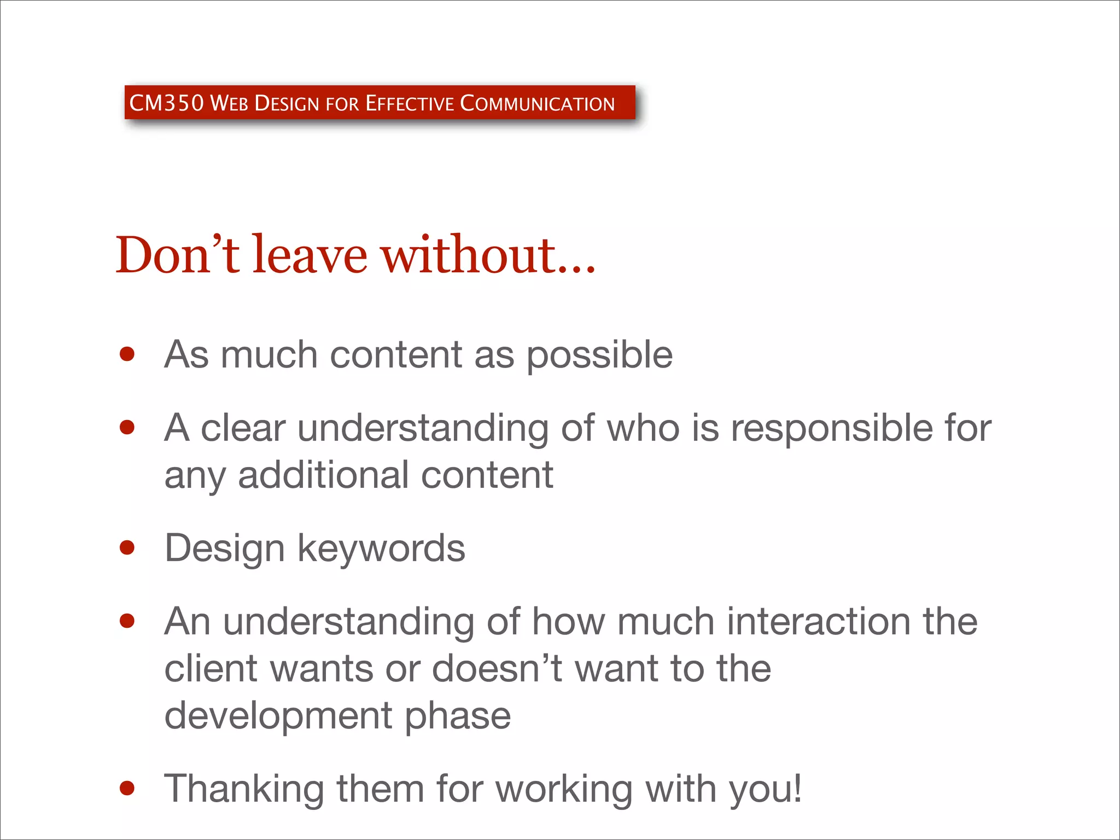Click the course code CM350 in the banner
(166, 103)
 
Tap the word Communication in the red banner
(537, 103)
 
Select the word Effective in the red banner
(410, 103)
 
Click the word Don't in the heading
(177, 255)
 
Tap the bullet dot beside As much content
(127, 354)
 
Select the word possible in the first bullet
(599, 355)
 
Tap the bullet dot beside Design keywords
(127, 547)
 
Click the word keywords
(381, 548)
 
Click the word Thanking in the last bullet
(244, 789)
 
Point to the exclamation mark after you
(797, 787)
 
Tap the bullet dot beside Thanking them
(127, 788)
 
